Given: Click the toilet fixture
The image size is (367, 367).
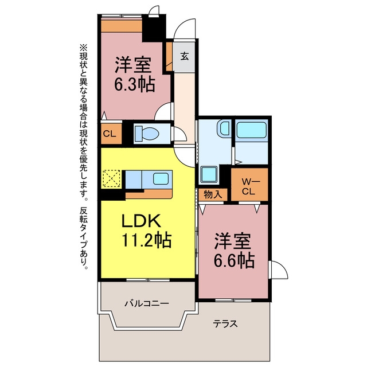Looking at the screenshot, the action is click(147, 134).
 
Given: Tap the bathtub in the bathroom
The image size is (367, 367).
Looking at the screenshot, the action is click(251, 130).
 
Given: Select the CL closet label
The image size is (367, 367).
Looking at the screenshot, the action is click(110, 134).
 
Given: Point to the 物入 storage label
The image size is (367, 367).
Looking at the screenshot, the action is click(213, 195).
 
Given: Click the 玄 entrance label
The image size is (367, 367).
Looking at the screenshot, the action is click(184, 56).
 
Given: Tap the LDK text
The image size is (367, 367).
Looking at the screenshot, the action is click(142, 220).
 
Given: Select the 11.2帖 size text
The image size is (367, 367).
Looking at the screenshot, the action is click(147, 240).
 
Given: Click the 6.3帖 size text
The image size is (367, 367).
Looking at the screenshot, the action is click(135, 84).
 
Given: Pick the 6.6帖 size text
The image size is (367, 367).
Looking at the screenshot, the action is click(235, 260).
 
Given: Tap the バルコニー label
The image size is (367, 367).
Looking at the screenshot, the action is click(147, 304).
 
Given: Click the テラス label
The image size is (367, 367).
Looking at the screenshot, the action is click(225, 324).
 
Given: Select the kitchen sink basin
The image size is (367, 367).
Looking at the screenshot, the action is click(161, 179).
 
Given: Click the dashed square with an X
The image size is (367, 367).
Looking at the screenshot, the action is click(111, 178).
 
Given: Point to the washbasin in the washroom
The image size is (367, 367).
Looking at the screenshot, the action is click(224, 128).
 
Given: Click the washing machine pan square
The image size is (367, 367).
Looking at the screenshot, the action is click(209, 174).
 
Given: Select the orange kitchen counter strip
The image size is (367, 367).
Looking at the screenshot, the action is click(149, 194).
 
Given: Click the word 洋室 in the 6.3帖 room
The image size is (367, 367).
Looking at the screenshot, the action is click(133, 65).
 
